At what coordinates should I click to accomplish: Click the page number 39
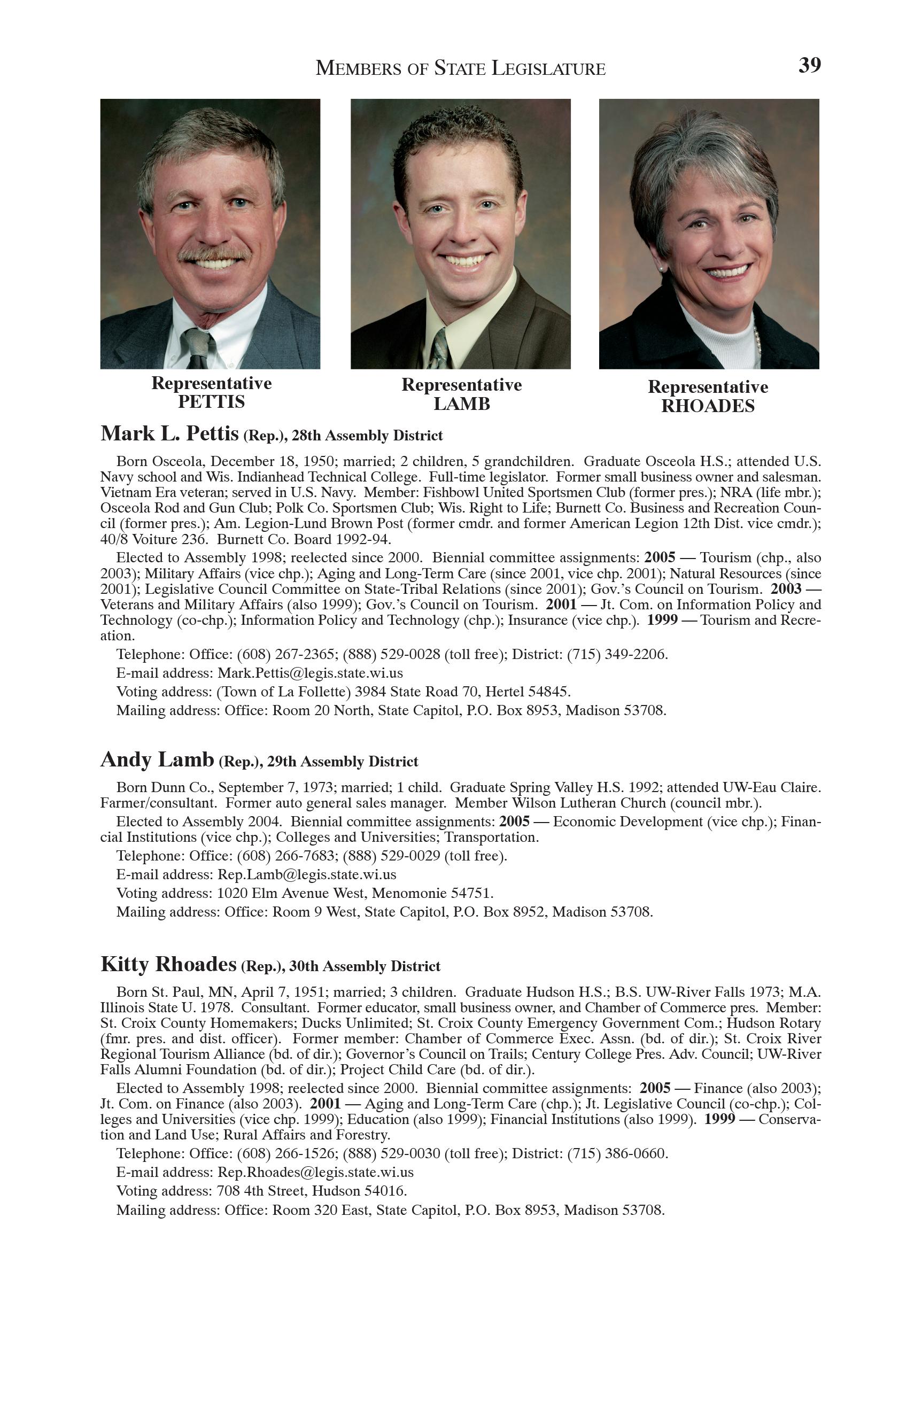[x=809, y=65]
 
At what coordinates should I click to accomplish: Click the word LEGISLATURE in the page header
[x=548, y=69]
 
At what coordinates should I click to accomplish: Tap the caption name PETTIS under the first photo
[x=212, y=402]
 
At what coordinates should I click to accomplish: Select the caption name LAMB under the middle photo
[x=462, y=405]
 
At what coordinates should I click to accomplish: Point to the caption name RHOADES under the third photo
[x=708, y=406]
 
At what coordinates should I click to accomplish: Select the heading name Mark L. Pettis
[x=170, y=434]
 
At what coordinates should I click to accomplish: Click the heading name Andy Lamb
[x=157, y=760]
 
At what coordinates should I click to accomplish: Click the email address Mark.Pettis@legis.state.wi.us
[x=310, y=673]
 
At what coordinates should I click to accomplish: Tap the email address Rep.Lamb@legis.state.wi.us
[x=307, y=874]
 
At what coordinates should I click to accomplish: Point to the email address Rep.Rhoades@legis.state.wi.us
[x=315, y=1172]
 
